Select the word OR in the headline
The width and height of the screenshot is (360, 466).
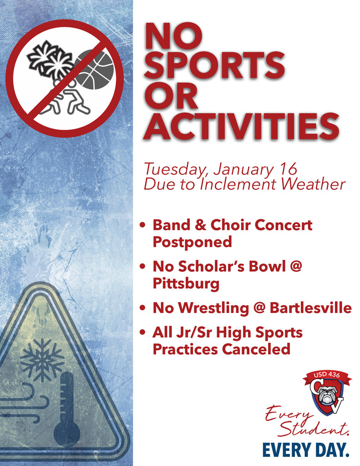coord(171,96)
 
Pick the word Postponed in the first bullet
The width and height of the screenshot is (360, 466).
coord(192,242)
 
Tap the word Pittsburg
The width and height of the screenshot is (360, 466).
coord(186,284)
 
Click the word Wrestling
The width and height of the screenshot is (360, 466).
coord(214,309)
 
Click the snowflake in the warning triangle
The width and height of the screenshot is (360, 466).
coord(42,360)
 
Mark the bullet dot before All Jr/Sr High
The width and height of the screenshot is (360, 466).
coord(143,333)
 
